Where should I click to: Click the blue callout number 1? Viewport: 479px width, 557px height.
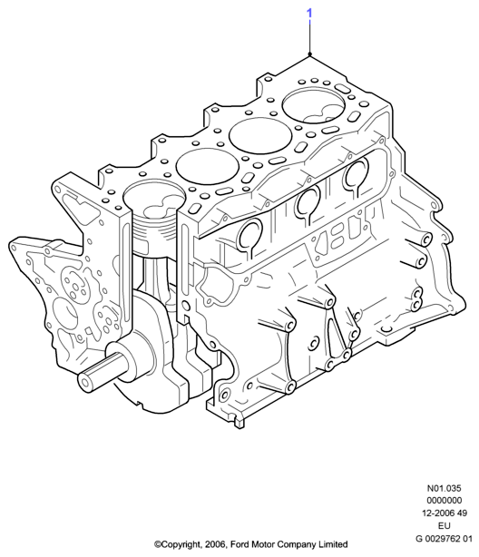(x=309, y=13)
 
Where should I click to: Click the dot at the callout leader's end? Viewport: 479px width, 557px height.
(x=310, y=54)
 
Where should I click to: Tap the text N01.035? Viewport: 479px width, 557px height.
(x=445, y=488)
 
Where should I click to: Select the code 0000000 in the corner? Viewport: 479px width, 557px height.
(x=445, y=501)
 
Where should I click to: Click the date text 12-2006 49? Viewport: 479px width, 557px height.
(x=445, y=513)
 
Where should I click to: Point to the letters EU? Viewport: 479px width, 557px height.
(x=445, y=526)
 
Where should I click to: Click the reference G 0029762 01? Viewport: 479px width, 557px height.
(x=445, y=539)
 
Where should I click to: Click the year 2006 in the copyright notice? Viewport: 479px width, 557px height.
(x=216, y=544)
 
